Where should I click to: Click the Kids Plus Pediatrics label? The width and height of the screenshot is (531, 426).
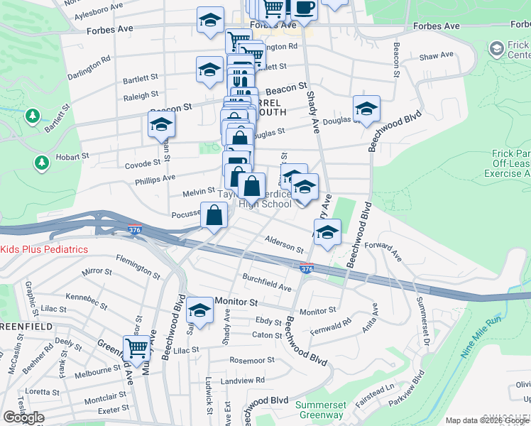pos(44,249)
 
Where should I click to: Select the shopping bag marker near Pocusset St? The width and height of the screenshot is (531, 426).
pos(214,214)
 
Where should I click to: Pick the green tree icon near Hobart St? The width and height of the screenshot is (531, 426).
pos(42,164)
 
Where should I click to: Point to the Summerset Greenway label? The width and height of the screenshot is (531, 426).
pos(319,410)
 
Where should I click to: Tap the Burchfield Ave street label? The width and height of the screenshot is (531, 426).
pos(267,283)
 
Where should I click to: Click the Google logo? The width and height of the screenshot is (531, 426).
pos(24,417)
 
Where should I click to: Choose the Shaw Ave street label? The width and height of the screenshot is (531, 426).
pos(436,55)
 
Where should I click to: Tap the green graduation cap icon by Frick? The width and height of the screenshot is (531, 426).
pos(496,48)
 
